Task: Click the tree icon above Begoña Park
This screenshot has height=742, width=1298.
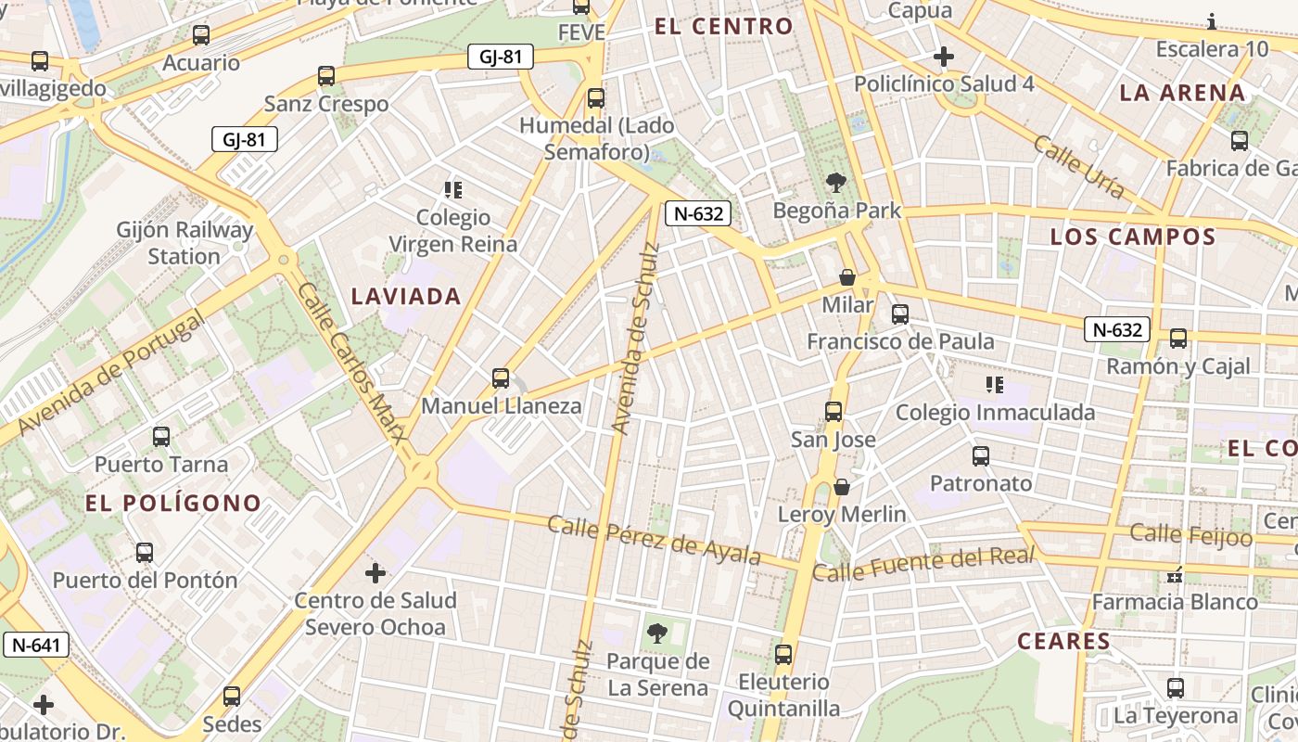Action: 835,183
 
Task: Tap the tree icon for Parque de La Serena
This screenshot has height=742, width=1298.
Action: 657,633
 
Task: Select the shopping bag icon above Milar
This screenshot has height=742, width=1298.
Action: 846,277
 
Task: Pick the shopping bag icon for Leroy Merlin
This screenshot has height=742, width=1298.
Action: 842,486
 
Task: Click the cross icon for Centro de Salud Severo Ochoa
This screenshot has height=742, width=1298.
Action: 375,573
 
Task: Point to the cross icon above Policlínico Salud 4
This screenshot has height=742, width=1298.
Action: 944,58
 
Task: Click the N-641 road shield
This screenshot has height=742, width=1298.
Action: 36,645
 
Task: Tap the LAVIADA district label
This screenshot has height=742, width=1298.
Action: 406,297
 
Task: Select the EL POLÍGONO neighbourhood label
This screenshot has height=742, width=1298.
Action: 173,504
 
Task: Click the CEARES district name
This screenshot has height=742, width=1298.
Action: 1063,641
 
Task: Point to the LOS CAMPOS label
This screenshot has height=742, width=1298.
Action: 1132,237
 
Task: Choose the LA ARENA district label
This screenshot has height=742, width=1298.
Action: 1182,93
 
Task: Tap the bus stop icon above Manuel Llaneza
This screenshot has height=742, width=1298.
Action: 501,378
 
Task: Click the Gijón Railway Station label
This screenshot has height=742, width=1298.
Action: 185,243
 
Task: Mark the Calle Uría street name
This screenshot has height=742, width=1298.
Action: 1078,168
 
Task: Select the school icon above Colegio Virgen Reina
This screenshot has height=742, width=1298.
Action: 453,190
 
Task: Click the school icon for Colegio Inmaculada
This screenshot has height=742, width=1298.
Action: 995,384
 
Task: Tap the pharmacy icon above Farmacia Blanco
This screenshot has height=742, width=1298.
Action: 1175,576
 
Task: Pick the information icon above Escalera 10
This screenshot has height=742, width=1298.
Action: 1212,21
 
